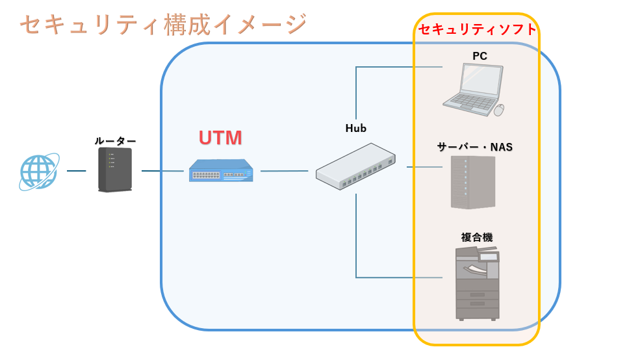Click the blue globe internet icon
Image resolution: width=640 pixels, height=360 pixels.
[x=38, y=172]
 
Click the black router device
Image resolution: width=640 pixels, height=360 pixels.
[x=114, y=170]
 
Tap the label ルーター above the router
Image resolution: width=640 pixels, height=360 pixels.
[x=115, y=140]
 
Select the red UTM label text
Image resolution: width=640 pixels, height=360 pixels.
[x=220, y=138]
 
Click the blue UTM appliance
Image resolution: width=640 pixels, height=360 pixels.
[x=220, y=171]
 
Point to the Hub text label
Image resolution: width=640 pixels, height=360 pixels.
[x=356, y=128]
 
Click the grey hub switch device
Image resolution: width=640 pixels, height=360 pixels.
[x=355, y=166]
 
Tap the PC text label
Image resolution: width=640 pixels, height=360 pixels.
[x=480, y=57]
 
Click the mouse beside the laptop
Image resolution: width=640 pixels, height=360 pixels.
[x=499, y=110]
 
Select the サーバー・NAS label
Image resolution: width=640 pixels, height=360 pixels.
[x=475, y=147]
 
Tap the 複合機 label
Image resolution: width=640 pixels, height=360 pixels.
[x=477, y=237]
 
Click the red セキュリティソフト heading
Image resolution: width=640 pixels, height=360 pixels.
[x=478, y=29]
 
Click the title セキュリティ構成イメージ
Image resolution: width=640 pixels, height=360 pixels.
[x=162, y=25]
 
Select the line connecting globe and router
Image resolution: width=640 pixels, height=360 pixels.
[x=76, y=171]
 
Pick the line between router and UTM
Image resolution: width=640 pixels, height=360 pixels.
[x=162, y=171]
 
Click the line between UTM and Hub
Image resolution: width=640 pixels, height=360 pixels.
[x=284, y=171]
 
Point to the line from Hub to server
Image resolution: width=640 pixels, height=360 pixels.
[x=424, y=167]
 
